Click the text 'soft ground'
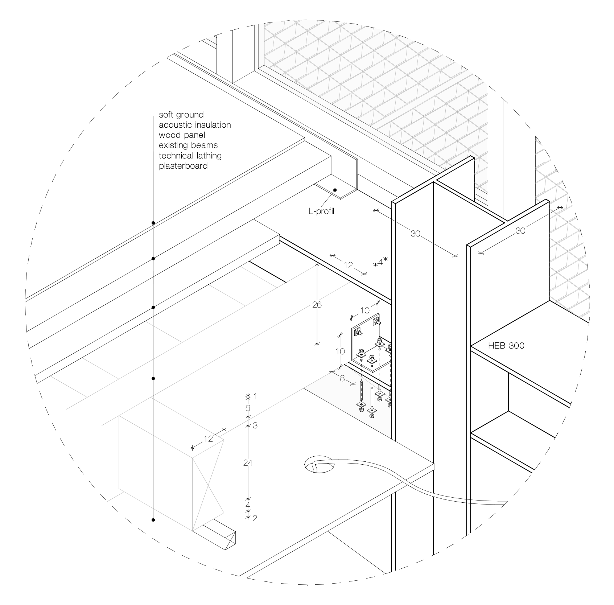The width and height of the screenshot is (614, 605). click(x=181, y=115)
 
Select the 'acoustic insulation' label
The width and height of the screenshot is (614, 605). click(x=195, y=125)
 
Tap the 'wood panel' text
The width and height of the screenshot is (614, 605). click(x=182, y=135)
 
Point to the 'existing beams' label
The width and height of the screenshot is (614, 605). click(x=188, y=145)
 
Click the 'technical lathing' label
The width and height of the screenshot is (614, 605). click(x=190, y=156)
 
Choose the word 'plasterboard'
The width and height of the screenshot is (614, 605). click(x=183, y=166)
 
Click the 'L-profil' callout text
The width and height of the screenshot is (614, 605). click(x=321, y=211)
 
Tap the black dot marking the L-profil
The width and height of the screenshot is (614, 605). click(x=335, y=190)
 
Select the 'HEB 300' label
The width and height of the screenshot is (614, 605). click(x=506, y=346)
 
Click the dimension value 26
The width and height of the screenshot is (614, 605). click(x=317, y=305)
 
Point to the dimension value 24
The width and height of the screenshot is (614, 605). click(x=248, y=463)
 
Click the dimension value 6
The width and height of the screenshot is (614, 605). click(x=248, y=408)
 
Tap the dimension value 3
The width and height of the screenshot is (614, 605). click(x=255, y=425)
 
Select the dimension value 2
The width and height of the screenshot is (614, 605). click(x=255, y=519)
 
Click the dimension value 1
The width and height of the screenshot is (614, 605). click(x=255, y=396)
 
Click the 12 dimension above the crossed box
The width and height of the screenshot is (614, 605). click(x=208, y=439)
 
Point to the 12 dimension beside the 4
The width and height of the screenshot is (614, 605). click(x=348, y=266)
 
